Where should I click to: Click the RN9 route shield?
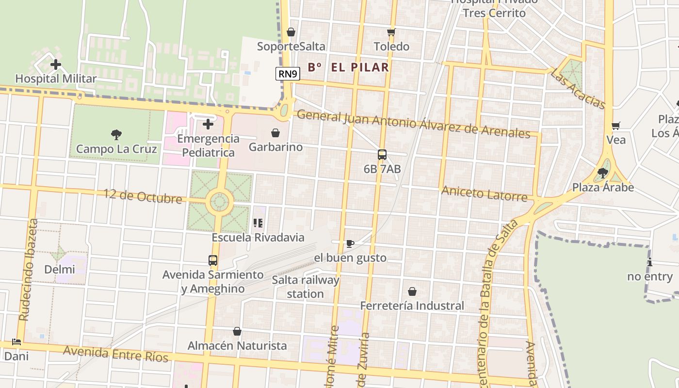(x=288, y=74)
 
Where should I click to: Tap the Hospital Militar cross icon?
(x=56, y=65)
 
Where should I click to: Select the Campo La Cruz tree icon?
(x=116, y=135)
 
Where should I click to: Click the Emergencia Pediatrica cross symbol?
(x=208, y=125)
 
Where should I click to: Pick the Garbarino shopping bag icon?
(x=275, y=133)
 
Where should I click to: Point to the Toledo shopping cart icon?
(x=391, y=32)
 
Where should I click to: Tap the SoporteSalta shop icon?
(x=291, y=32)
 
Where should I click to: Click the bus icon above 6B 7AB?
(x=382, y=155)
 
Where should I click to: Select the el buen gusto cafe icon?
(x=350, y=243)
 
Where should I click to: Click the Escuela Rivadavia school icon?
(x=258, y=223)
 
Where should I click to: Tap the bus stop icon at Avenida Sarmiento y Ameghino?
(x=213, y=260)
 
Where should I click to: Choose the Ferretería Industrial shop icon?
(x=412, y=291)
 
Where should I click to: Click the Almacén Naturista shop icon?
(x=237, y=332)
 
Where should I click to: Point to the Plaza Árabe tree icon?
(x=603, y=173)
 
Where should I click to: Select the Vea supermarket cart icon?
(x=616, y=126)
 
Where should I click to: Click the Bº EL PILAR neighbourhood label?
(x=348, y=67)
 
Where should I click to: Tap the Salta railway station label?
(x=306, y=287)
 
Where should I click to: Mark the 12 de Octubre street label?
(x=143, y=196)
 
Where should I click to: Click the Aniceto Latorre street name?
(x=484, y=193)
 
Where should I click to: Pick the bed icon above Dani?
(x=16, y=342)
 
